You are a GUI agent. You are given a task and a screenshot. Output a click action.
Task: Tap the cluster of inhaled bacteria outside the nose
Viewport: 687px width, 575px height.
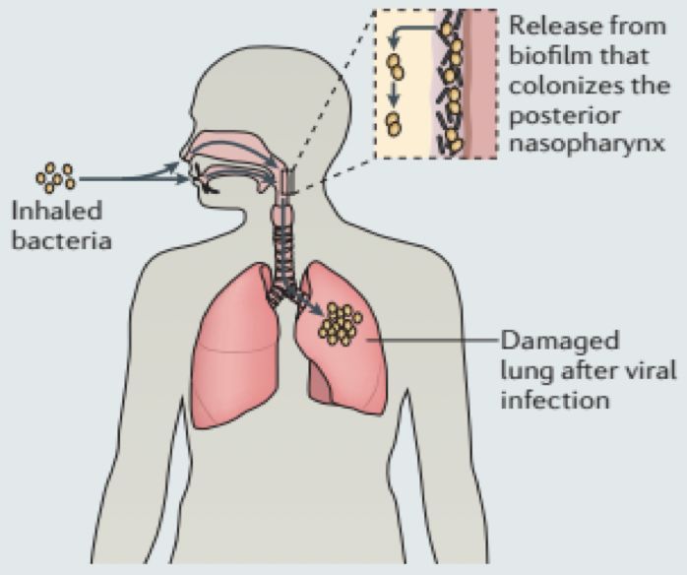click(x=56, y=178)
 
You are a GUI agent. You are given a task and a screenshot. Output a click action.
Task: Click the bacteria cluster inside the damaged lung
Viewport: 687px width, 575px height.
click(x=341, y=323)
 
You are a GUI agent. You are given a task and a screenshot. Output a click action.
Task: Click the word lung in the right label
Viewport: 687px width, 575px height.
click(x=522, y=372)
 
